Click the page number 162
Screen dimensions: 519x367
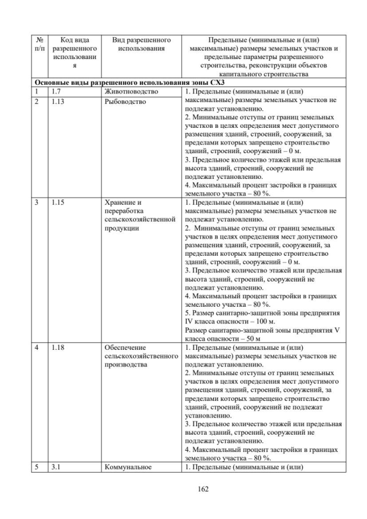click(x=202, y=489)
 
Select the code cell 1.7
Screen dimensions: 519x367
click(x=56, y=91)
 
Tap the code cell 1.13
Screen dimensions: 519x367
click(x=58, y=102)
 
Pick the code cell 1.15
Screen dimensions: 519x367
click(x=58, y=202)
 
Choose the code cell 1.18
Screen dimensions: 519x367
click(x=58, y=348)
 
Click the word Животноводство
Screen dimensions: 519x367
click(x=130, y=91)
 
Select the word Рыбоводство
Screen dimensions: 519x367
click(x=125, y=102)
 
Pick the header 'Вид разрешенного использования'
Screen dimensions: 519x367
click(x=142, y=45)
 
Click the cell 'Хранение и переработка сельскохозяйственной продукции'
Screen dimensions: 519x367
click(x=142, y=215)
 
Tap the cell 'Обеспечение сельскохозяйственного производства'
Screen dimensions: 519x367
click(x=142, y=356)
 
